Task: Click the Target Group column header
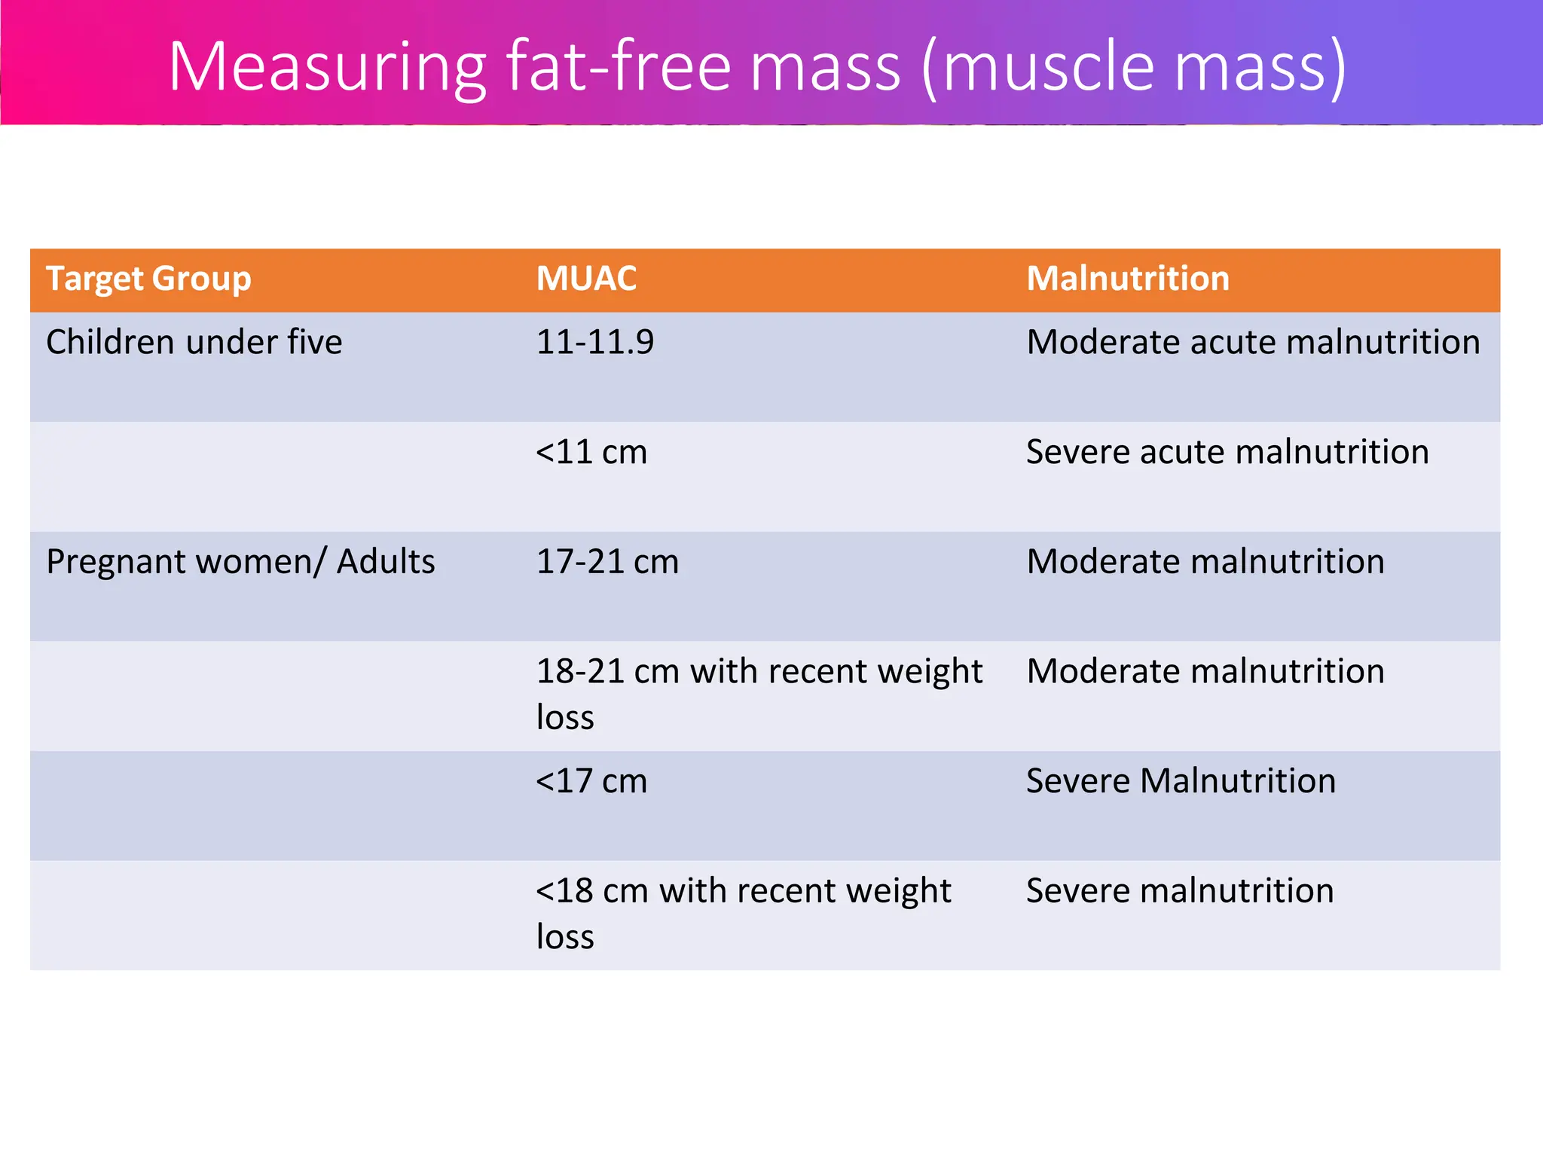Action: (148, 279)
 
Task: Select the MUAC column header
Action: (586, 279)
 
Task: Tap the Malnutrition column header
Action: (1128, 279)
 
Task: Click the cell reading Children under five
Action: (194, 343)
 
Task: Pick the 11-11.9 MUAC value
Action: (595, 343)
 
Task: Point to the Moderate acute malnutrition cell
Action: (1253, 343)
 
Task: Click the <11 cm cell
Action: (591, 453)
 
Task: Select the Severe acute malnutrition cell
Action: (1227, 453)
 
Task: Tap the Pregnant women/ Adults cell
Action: (240, 562)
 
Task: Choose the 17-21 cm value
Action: (607, 562)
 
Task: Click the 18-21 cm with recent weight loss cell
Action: (759, 694)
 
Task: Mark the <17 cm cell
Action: (591, 781)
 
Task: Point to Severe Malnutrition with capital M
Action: (1181, 781)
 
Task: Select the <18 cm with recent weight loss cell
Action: (743, 913)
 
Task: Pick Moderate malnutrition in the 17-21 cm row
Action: (1205, 562)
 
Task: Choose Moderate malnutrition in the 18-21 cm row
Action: (1205, 672)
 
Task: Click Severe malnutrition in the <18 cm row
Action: (1180, 891)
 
